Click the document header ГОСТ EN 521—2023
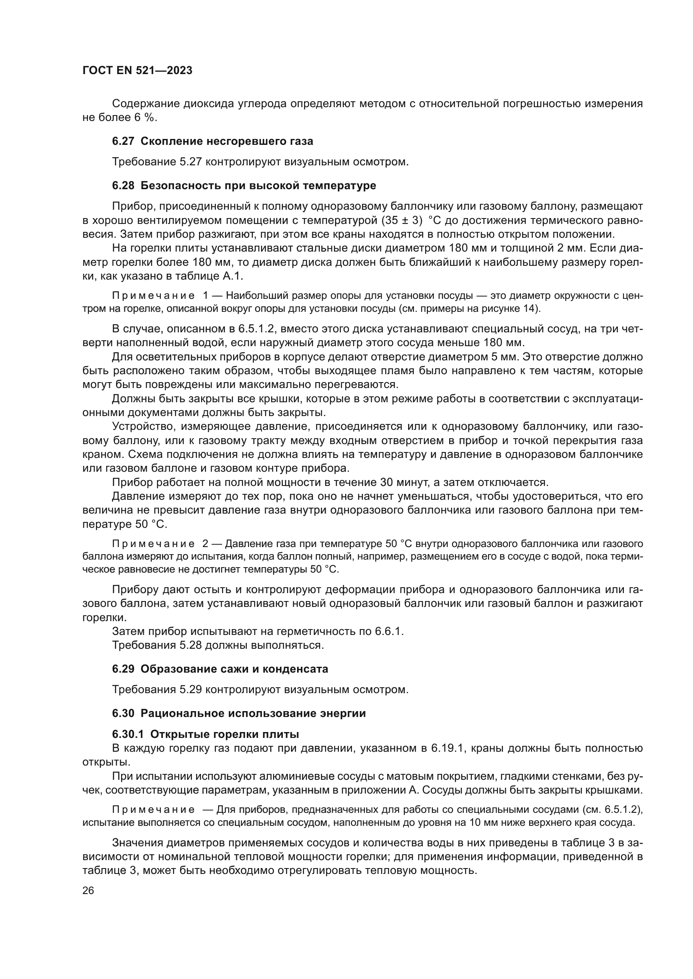[x=137, y=70]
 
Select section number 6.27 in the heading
[x=123, y=141]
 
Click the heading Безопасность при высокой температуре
[x=258, y=185]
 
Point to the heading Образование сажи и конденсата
[x=234, y=669]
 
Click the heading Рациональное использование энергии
[x=253, y=713]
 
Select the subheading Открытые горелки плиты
[x=225, y=734]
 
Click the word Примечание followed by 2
[x=154, y=544]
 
